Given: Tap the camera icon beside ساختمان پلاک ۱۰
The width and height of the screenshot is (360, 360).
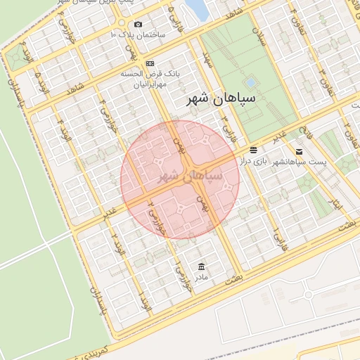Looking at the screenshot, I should tap(137, 25).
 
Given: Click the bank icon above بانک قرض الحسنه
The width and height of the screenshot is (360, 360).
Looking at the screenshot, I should tap(150, 63).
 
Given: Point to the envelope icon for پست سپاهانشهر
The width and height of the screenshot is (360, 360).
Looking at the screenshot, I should tap(300, 151).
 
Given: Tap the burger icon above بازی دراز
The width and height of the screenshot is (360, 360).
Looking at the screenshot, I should tap(253, 150).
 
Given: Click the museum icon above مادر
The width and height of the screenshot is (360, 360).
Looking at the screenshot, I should tap(202, 266).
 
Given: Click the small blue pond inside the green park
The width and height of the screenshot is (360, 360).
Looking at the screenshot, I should tap(250, 82).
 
